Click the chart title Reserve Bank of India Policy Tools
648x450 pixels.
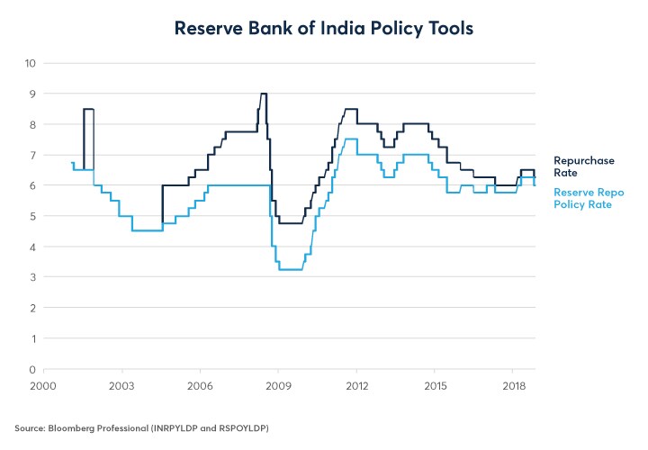click(323, 29)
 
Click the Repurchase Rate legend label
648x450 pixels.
click(583, 166)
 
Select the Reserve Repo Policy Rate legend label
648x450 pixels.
click(589, 199)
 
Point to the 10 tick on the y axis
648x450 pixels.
click(30, 63)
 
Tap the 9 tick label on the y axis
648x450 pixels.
click(32, 94)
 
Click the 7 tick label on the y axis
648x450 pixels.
click(32, 155)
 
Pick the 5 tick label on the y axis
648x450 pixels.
click(32, 216)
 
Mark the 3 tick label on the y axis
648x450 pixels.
click(32, 277)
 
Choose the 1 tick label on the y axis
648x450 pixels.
click(32, 338)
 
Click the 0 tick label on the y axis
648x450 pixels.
click(32, 369)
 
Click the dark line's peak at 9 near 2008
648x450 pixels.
click(263, 94)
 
